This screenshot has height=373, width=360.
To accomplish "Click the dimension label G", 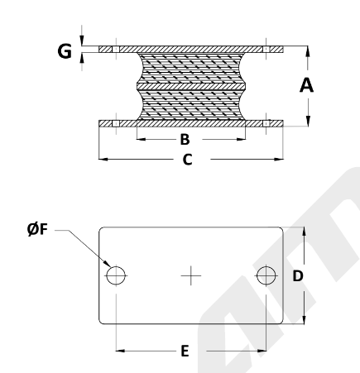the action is point(65,51).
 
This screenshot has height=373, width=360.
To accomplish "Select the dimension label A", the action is point(306,85).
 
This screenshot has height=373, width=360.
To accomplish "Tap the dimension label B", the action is point(185,140).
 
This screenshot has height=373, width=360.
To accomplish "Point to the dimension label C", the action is point(187,160).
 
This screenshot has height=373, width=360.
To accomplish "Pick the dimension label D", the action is point(298,276).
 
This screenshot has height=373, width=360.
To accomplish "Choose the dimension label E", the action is point(185,351).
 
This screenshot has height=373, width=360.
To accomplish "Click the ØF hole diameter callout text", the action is point(37,229).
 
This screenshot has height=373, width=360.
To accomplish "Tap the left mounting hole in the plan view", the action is point(116,275).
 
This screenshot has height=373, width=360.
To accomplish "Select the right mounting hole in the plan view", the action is point(266,275).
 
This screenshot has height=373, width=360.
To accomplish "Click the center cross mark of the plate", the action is point(191,275).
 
